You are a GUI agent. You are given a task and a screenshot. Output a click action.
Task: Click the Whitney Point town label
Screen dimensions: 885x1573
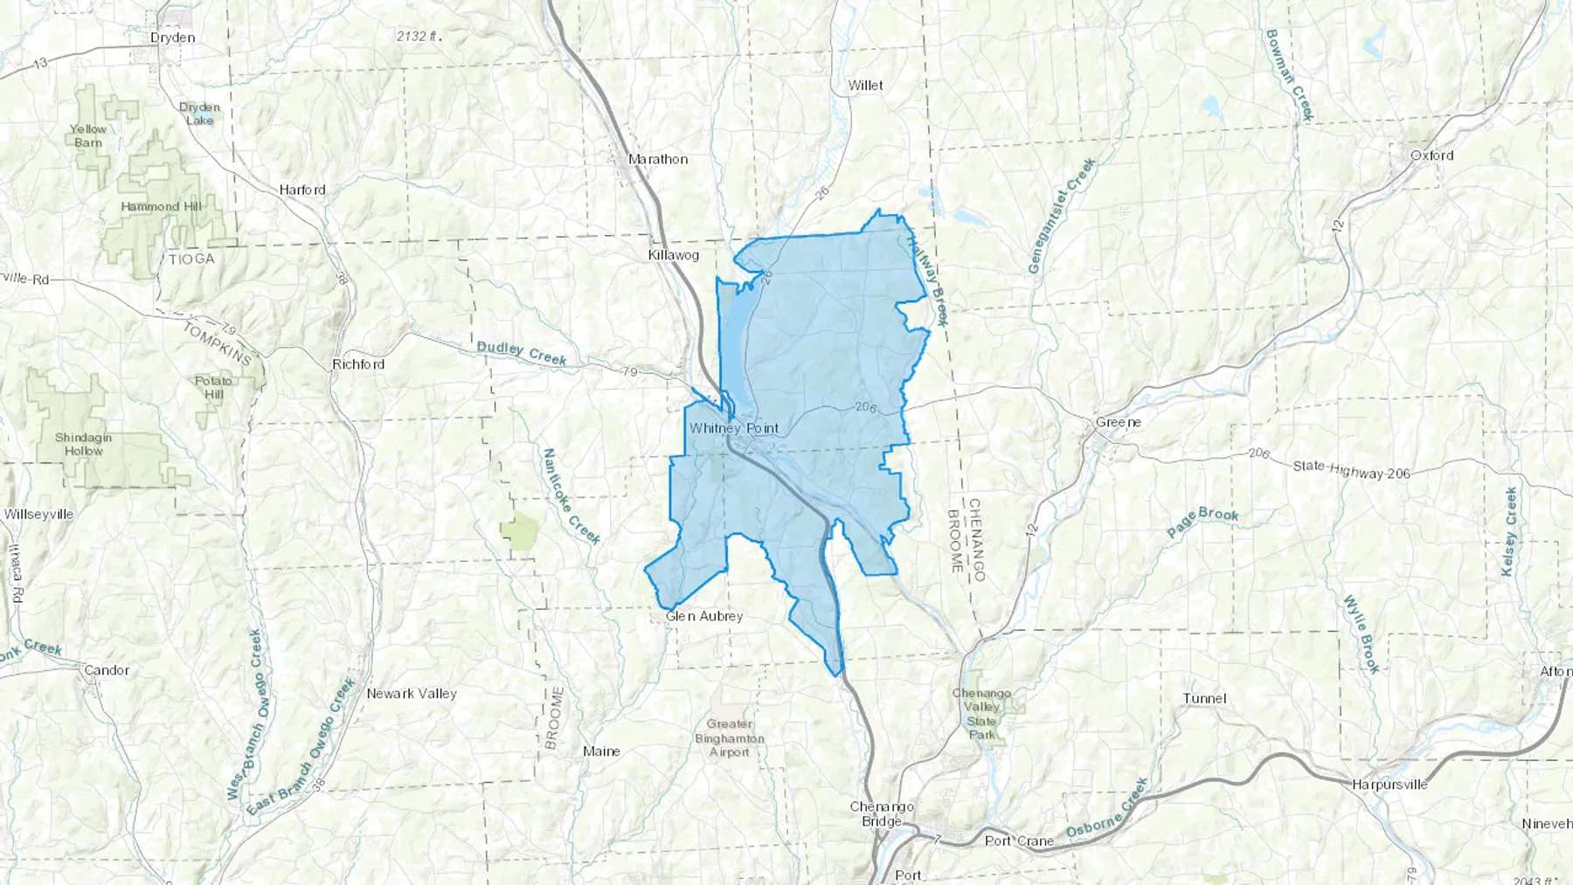[733, 428]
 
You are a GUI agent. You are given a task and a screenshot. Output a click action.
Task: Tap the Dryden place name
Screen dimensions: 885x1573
[172, 38]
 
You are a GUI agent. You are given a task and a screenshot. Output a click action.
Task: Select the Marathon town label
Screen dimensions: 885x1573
[658, 159]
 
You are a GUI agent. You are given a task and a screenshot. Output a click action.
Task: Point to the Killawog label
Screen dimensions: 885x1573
[673, 255]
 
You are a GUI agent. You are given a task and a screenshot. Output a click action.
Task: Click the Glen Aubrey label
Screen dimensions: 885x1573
[704, 616]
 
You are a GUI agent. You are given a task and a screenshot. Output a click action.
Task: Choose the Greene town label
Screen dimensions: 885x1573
[1118, 422]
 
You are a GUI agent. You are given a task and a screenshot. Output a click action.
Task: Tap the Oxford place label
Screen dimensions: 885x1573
[1431, 156]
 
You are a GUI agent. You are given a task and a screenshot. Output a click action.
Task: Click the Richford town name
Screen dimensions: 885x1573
[358, 364]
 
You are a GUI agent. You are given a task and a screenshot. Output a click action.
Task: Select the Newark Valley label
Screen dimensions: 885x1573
[412, 694]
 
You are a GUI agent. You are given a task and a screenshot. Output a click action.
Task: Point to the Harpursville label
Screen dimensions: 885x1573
[1389, 785]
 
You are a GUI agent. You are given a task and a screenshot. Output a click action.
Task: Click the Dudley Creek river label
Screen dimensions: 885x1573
[522, 353]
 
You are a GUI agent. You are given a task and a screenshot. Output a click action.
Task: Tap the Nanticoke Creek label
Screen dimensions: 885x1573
[571, 496]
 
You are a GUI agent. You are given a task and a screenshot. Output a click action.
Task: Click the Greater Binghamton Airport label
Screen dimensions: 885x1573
[730, 738]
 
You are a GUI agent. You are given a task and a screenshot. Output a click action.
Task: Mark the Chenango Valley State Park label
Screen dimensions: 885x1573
[981, 714]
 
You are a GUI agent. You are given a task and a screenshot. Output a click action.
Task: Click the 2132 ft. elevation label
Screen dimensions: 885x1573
[419, 37]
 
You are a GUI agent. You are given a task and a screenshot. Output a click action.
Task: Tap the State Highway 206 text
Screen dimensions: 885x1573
[1351, 470]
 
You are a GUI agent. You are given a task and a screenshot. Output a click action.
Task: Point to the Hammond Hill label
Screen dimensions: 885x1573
[161, 207]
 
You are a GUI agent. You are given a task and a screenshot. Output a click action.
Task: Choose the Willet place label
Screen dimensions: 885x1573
[865, 86]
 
